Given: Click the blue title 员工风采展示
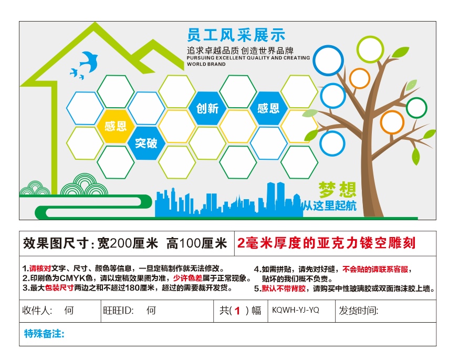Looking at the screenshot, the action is [x=236, y=35].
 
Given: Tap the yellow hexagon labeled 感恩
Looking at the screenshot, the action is [x=116, y=126].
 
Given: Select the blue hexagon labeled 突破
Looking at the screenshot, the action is [x=146, y=143].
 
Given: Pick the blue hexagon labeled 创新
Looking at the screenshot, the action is [x=207, y=108].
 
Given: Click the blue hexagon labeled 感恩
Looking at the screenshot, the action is [x=268, y=108].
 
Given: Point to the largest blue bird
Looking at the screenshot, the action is [x=89, y=61].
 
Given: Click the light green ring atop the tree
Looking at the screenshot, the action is [x=370, y=49].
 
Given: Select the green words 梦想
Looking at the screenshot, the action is [x=338, y=190].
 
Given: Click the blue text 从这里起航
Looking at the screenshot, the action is [x=330, y=205].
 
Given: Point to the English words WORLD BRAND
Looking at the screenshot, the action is [x=206, y=64].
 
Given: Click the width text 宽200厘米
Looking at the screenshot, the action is [x=128, y=243].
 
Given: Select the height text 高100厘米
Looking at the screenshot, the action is [x=197, y=243].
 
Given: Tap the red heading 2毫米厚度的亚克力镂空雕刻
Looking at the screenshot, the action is [x=326, y=243].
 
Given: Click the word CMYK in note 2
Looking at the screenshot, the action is [x=76, y=278].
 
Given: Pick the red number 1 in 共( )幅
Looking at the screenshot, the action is [x=237, y=311].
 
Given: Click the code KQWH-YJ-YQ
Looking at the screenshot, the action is [x=295, y=310].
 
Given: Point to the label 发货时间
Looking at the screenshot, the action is [x=358, y=311].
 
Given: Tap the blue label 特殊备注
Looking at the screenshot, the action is [x=44, y=334].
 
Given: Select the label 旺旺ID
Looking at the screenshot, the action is [x=118, y=311].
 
